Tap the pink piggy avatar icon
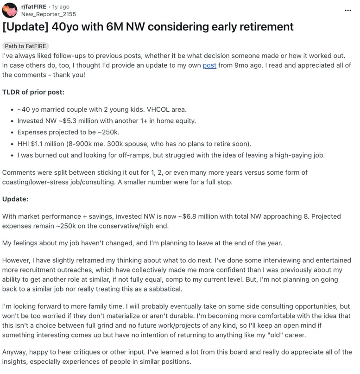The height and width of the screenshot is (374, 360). point(9,10)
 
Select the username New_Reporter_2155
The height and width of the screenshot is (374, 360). point(48,14)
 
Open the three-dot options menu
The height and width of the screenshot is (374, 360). point(348,10)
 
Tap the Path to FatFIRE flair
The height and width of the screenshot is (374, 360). point(25,46)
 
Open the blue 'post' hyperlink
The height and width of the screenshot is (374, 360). point(209,65)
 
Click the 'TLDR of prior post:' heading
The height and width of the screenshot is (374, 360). point(33,92)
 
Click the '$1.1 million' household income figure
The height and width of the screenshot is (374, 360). point(51,144)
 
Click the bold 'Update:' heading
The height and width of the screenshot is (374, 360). point(15,199)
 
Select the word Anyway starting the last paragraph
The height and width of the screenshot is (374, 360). point(15,353)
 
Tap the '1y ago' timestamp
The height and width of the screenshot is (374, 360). point(61,6)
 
